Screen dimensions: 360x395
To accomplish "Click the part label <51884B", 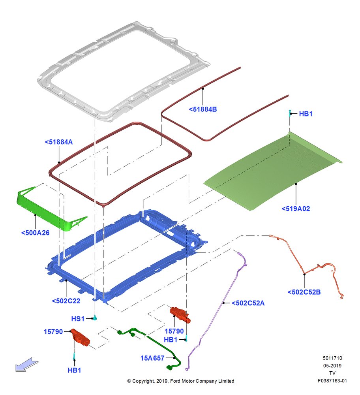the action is pyautogui.click(x=202, y=109).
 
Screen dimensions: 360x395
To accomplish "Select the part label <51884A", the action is pyautogui.click(x=59, y=142).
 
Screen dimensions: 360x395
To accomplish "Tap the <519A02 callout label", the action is pyautogui.click(x=296, y=209).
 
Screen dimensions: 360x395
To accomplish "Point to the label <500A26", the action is pyautogui.click(x=35, y=233).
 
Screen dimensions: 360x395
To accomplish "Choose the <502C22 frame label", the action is pyautogui.click(x=66, y=301).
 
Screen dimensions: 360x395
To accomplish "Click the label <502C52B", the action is pyautogui.click(x=304, y=292).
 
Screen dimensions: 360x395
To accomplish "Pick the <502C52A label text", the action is pyautogui.click(x=248, y=303).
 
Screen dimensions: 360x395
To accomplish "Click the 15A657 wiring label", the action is pyautogui.click(x=152, y=358).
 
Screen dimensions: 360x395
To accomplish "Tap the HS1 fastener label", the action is pyautogui.click(x=78, y=319).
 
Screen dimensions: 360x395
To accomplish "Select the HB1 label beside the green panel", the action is pyautogui.click(x=306, y=114).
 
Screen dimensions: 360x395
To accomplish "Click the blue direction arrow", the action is pyautogui.click(x=27, y=365).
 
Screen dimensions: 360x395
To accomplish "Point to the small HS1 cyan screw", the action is pyautogui.click(x=95, y=318).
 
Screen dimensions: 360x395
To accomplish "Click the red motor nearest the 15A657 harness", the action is pyautogui.click(x=180, y=314).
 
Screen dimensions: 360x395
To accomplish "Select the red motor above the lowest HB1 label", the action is pyautogui.click(x=80, y=337).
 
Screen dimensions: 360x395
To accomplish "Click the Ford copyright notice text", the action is pyautogui.click(x=181, y=381).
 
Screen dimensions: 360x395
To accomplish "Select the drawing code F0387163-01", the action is pyautogui.click(x=332, y=381).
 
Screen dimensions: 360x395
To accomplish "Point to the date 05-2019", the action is pyautogui.click(x=332, y=365).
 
